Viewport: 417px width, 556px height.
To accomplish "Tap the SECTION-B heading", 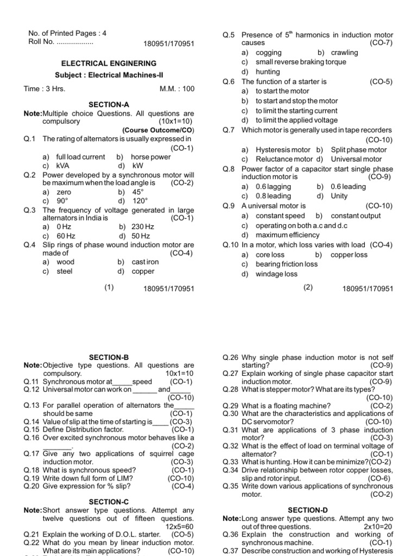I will point(109,357).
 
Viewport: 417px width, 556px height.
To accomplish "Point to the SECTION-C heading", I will point(109,502).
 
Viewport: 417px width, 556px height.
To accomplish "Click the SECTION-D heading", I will point(308,510).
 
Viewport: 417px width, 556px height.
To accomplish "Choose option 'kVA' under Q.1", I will point(63,166).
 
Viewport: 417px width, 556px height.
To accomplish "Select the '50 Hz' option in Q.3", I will point(141,236).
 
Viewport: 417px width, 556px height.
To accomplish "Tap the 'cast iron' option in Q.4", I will point(145,262).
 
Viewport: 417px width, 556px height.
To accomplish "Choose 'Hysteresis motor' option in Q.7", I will point(283,149).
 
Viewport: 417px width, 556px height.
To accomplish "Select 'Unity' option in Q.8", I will point(339,196).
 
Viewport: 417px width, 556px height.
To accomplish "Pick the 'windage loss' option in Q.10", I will point(276,274).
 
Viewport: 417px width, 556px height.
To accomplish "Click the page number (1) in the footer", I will point(109,288).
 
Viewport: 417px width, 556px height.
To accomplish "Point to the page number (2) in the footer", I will point(308,288).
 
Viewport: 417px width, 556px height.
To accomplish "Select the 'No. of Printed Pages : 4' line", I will point(67,33).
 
